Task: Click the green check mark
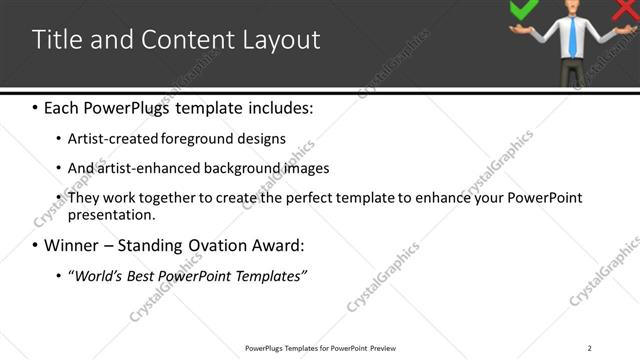523,10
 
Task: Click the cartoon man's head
570,8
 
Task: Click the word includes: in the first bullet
284,105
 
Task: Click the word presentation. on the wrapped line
112,214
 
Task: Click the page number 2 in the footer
590,348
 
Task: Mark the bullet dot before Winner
35,246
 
